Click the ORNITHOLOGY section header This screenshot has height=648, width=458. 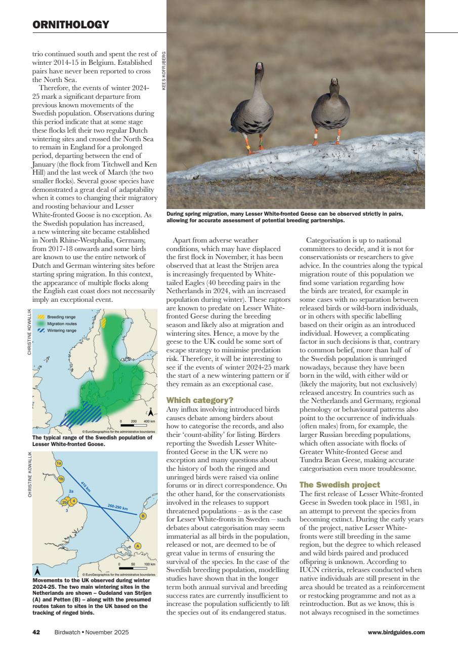[x=71, y=25]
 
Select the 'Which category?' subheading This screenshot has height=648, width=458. [x=193, y=400]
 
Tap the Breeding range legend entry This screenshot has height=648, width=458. [x=61, y=317]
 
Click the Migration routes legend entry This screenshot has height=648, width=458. [x=62, y=323]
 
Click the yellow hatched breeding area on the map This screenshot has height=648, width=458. [x=103, y=324]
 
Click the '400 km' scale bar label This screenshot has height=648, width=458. [x=149, y=421]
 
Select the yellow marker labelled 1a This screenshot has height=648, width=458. [x=59, y=463]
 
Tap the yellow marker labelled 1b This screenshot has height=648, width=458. [x=61, y=479]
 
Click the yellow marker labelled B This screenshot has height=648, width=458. [x=143, y=516]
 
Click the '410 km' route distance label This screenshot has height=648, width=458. [x=86, y=488]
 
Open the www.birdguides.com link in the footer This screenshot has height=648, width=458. [x=396, y=632]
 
